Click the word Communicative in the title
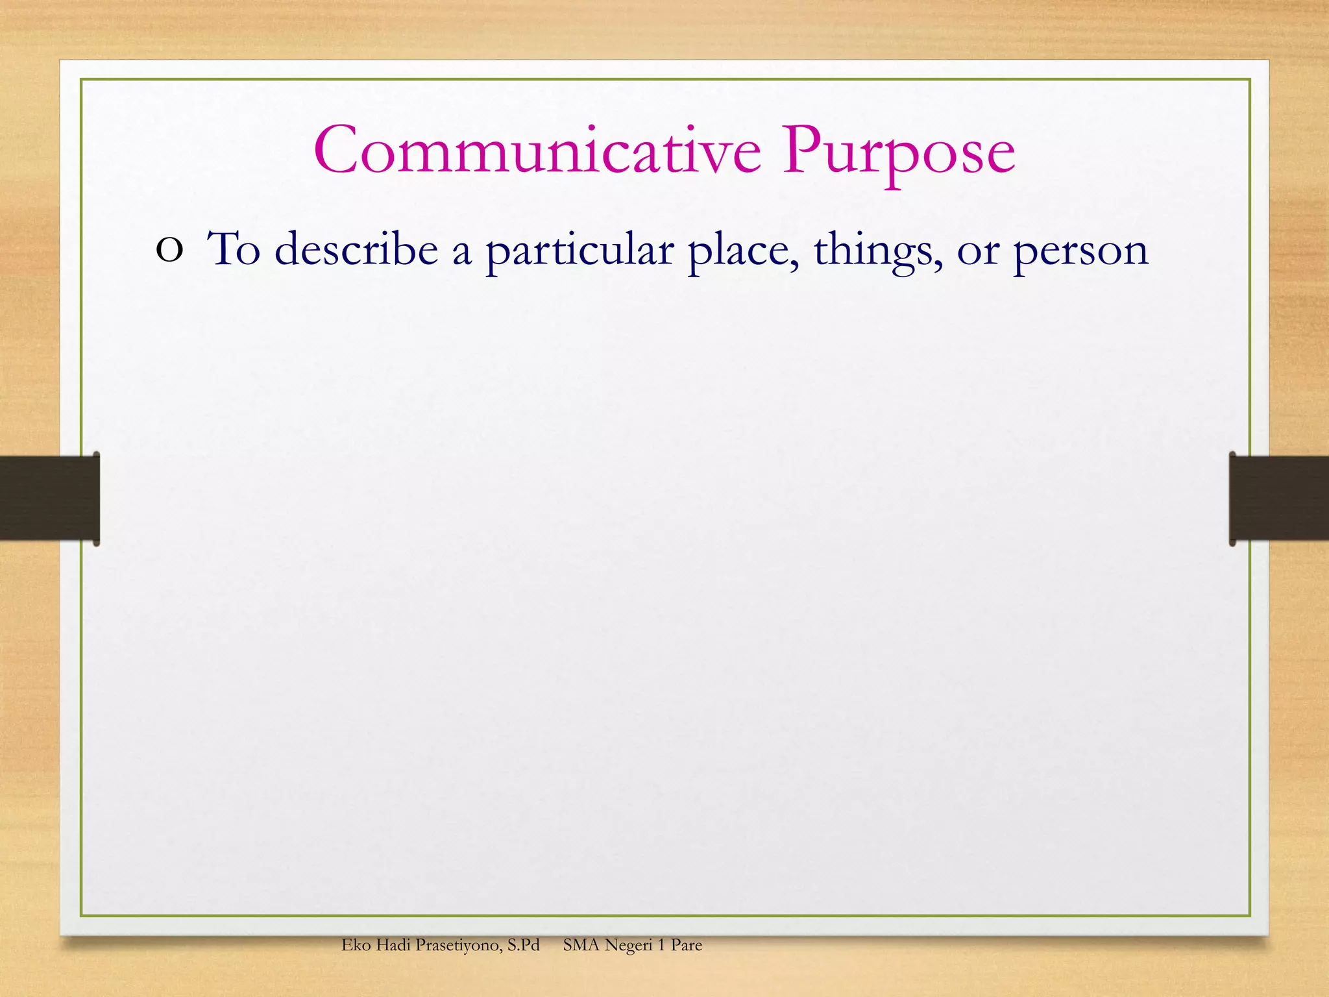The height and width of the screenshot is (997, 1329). (x=537, y=151)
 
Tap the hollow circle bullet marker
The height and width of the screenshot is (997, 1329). (x=169, y=251)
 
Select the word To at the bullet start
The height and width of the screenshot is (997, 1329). (x=234, y=249)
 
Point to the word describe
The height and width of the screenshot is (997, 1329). (x=356, y=249)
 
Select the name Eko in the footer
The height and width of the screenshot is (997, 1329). (x=356, y=945)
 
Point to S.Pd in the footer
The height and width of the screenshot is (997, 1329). (x=524, y=945)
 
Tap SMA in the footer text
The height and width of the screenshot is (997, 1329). (x=581, y=945)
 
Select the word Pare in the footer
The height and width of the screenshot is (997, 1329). (x=686, y=945)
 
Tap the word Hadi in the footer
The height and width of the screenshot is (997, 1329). (x=393, y=945)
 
